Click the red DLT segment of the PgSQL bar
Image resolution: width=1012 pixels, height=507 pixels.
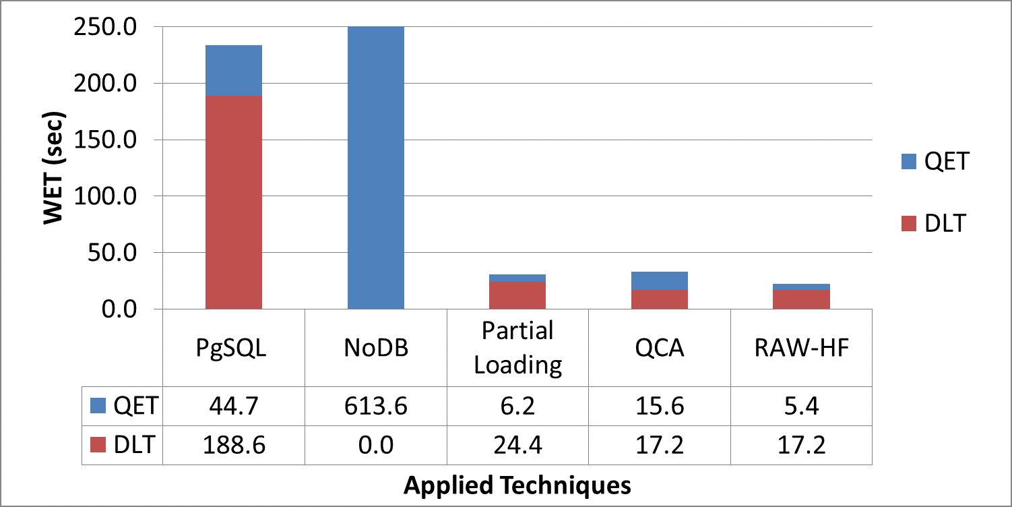(x=234, y=202)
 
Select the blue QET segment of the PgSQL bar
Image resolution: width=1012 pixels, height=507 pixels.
(x=234, y=71)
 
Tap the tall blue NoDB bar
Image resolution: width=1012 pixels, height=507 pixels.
(x=375, y=169)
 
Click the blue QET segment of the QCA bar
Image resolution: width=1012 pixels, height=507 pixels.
(x=659, y=280)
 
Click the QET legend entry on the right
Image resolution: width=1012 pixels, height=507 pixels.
(x=933, y=162)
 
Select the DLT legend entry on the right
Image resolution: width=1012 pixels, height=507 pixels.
(x=933, y=223)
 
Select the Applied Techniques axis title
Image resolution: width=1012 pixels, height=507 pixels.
(x=517, y=485)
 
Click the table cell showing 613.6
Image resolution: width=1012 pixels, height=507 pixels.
(x=375, y=406)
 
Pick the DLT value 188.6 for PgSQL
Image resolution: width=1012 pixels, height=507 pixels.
(x=234, y=445)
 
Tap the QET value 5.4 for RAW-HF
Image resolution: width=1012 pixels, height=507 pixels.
(x=801, y=406)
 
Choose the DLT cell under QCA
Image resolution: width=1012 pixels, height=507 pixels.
(x=659, y=445)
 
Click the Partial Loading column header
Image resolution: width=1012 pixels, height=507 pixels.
(x=517, y=348)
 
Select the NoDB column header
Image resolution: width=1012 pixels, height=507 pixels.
(x=375, y=348)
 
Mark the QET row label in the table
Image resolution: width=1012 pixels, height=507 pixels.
(x=123, y=406)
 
